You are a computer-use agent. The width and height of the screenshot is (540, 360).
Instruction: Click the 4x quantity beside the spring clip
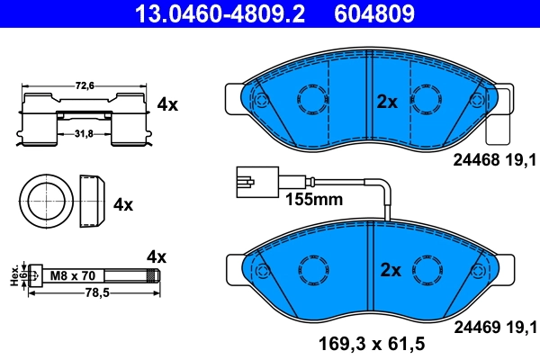pos(167,104)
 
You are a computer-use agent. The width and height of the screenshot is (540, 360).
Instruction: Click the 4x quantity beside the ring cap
pos(123,204)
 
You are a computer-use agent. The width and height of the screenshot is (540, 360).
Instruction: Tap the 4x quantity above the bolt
pos(157,257)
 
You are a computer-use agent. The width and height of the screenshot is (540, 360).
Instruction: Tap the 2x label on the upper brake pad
pos(387,103)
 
